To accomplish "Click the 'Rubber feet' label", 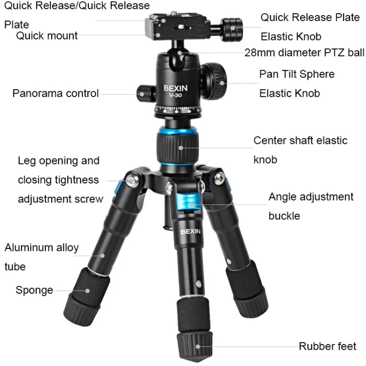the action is click(x=327, y=346).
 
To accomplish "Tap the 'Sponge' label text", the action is click(x=34, y=290).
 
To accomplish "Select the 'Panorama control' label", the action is click(x=56, y=93).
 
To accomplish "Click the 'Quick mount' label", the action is click(x=47, y=36).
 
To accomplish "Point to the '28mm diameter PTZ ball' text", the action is click(x=304, y=53).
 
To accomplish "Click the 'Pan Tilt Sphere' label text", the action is click(x=297, y=74).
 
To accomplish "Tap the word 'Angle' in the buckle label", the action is click(x=282, y=197).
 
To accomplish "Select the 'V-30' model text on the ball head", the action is click(x=175, y=95).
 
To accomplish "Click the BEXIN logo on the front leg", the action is click(x=190, y=231).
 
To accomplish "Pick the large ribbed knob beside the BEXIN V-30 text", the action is click(x=214, y=81).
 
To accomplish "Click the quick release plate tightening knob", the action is click(x=231, y=29).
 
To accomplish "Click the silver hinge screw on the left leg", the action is click(x=132, y=180).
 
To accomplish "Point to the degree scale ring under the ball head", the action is click(x=178, y=109).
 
